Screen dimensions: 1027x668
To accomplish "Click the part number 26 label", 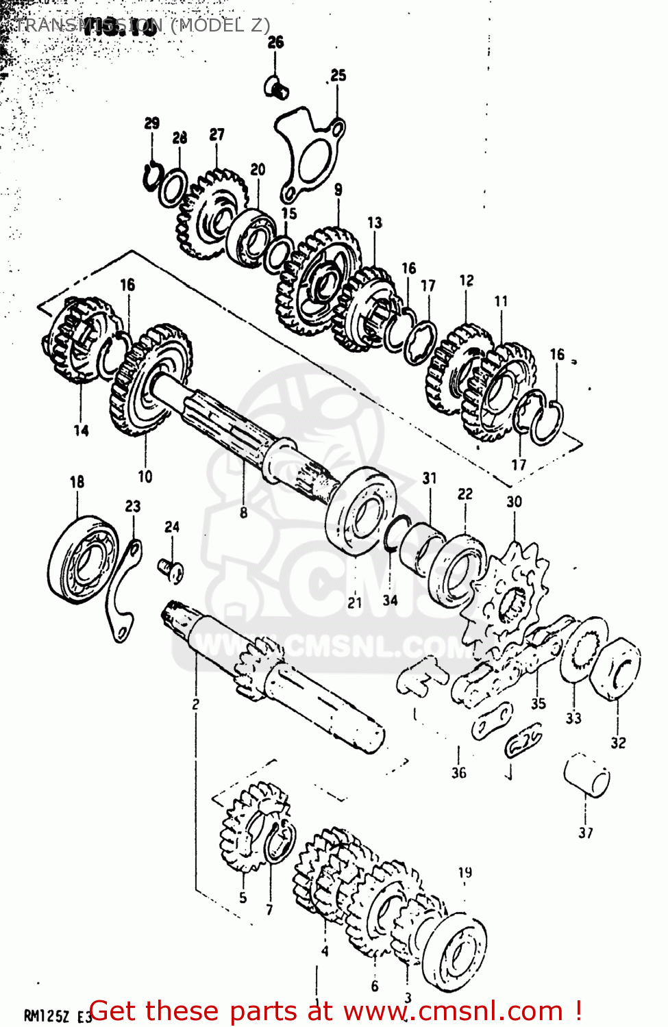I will coord(275,42).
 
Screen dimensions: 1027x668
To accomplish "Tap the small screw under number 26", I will coord(277,87).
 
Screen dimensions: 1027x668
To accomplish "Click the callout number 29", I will coord(152,123).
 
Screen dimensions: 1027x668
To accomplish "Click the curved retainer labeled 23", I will coord(123,589).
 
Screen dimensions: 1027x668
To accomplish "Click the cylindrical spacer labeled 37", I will coord(587,775).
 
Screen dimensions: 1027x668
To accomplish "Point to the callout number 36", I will coord(458,773).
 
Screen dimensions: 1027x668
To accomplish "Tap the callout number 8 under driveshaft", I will coord(243,512).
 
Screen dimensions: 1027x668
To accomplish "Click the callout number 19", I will coord(465,872).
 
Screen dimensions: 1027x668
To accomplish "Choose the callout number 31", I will coord(430,478).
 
